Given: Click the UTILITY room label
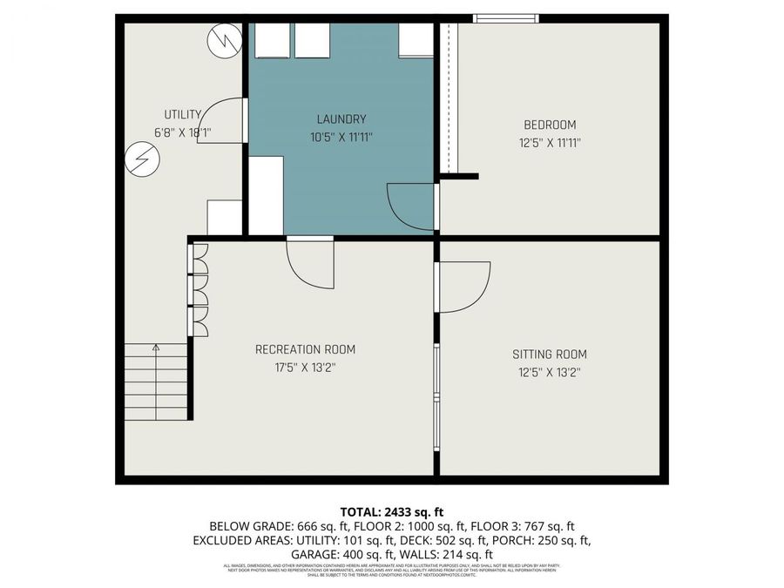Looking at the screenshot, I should click(183, 114).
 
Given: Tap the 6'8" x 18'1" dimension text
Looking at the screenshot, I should click(183, 132).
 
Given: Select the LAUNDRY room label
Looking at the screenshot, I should click(341, 119).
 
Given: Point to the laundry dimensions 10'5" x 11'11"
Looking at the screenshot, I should click(341, 137).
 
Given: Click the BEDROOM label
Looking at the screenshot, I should click(550, 125).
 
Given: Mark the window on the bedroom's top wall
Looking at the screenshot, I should click(505, 17).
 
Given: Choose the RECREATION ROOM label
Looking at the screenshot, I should click(305, 349).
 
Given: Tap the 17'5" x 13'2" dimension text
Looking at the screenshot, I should click(305, 368).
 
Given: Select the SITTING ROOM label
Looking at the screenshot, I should click(549, 355).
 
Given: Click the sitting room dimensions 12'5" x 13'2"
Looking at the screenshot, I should click(549, 372).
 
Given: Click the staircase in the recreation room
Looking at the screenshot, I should click(156, 382).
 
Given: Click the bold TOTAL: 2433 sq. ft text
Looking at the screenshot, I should click(391, 511).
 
